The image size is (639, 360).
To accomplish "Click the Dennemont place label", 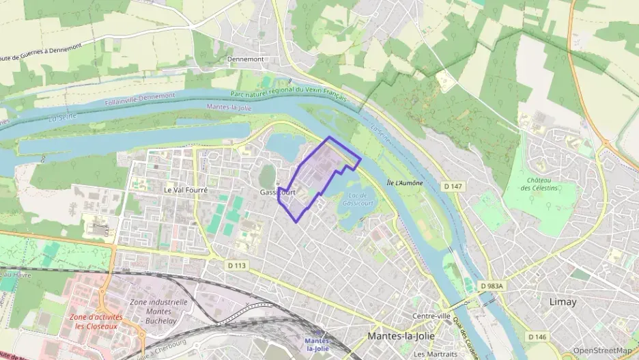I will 245,59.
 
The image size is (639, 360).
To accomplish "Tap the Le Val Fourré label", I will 186,189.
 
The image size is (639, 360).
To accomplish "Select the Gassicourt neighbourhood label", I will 277,193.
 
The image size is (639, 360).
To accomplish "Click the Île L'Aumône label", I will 404,183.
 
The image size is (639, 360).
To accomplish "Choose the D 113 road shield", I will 236,264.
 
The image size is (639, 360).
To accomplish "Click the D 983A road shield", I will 491,286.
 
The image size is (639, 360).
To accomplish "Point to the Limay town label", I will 563,301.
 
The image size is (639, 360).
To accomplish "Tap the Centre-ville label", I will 431,316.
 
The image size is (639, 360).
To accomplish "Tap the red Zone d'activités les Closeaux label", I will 96,321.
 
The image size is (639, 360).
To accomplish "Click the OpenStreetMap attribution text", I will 602,350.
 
